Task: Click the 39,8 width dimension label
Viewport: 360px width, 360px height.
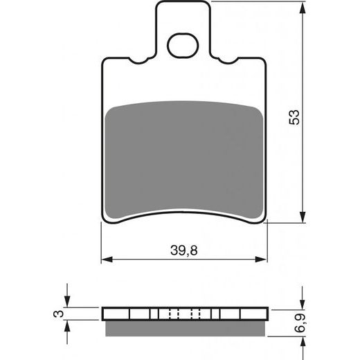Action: click(x=185, y=251)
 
